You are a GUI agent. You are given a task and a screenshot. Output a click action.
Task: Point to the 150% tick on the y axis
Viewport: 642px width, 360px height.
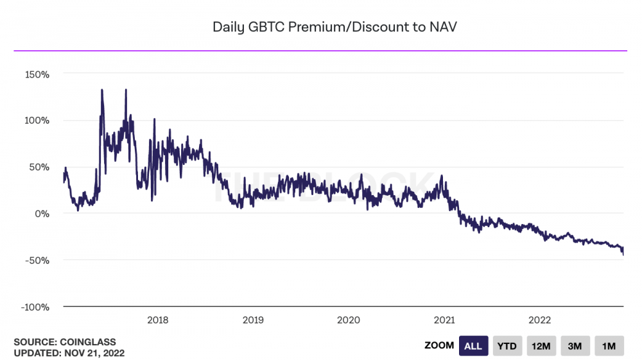(x=37, y=74)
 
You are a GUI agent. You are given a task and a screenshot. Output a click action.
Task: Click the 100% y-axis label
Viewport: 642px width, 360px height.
(x=37, y=121)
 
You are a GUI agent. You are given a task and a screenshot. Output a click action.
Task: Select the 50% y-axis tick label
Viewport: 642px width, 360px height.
(x=39, y=167)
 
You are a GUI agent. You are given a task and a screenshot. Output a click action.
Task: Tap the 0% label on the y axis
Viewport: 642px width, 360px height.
(x=42, y=214)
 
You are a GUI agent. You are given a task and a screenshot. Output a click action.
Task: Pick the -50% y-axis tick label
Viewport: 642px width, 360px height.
(x=37, y=260)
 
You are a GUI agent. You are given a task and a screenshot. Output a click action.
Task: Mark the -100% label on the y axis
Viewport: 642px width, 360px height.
(x=35, y=307)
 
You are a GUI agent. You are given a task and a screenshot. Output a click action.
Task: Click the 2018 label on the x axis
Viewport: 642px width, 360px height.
(x=158, y=320)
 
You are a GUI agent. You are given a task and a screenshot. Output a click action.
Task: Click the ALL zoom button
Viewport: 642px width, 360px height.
(x=473, y=346)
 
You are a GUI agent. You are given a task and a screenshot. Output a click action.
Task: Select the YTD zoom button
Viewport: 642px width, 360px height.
(x=507, y=346)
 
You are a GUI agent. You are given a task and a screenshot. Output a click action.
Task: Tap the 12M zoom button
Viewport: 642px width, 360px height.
(x=541, y=346)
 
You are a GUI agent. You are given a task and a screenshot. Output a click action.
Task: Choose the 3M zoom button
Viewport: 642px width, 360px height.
(x=575, y=346)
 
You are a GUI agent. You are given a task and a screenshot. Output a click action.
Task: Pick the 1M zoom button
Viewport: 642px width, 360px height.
(x=609, y=346)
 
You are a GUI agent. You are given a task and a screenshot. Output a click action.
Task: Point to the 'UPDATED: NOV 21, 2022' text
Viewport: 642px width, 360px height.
(x=69, y=353)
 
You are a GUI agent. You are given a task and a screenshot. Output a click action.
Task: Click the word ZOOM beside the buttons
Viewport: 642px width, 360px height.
(x=439, y=346)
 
